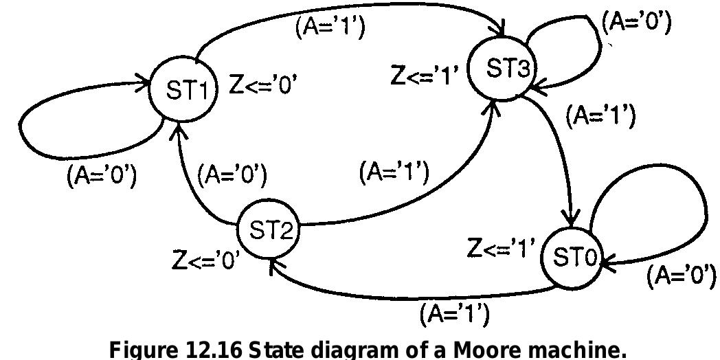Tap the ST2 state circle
coord(267,230)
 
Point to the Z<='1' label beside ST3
coord(425,75)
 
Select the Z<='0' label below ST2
coord(205,261)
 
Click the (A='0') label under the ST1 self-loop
coord(101,177)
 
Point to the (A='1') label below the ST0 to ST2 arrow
coord(454,315)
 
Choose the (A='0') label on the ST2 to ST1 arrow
coord(232,175)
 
